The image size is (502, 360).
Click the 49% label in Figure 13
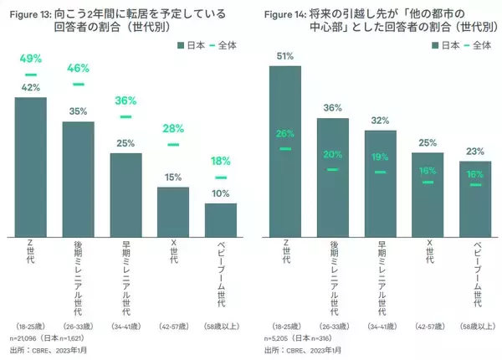[31, 59]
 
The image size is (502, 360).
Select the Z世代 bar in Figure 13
[31, 167]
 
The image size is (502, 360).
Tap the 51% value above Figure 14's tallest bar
[284, 56]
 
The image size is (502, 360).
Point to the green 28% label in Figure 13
[174, 128]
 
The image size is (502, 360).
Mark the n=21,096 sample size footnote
[29, 338]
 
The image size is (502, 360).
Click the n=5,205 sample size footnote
[281, 338]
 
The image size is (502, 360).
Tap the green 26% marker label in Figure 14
[284, 133]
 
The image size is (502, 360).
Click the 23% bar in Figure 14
[474, 199]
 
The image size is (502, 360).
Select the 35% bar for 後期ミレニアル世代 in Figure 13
[79, 179]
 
